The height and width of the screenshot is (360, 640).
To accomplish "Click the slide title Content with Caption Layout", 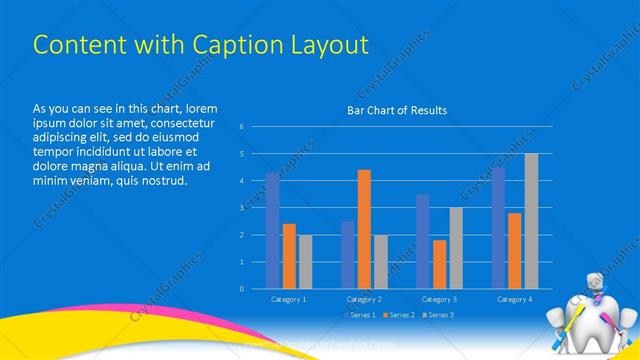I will tap(200, 45).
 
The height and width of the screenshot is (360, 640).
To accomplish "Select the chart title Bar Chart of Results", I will tap(397, 110).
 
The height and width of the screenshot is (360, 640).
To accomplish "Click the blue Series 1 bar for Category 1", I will tap(273, 231).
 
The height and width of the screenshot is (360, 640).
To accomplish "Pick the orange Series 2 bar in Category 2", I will tap(364, 229).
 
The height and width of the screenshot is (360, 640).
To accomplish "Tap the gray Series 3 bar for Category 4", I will tap(531, 221).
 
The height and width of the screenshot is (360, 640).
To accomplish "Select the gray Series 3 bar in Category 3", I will tap(456, 248).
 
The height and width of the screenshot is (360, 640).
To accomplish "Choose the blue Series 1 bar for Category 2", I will tap(348, 255).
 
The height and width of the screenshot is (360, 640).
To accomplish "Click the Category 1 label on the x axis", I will tap(289, 299).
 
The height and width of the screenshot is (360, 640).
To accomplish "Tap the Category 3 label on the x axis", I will tap(439, 299).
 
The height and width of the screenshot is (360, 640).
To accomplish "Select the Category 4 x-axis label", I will tap(514, 299).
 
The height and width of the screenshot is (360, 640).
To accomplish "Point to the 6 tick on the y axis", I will tap(242, 126).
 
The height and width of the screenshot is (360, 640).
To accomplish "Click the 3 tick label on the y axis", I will tap(242, 207).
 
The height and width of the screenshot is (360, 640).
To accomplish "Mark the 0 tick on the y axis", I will tap(242, 288).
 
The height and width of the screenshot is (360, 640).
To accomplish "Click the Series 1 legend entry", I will tap(361, 315).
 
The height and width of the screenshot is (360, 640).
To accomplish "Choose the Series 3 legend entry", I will tap(439, 315).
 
